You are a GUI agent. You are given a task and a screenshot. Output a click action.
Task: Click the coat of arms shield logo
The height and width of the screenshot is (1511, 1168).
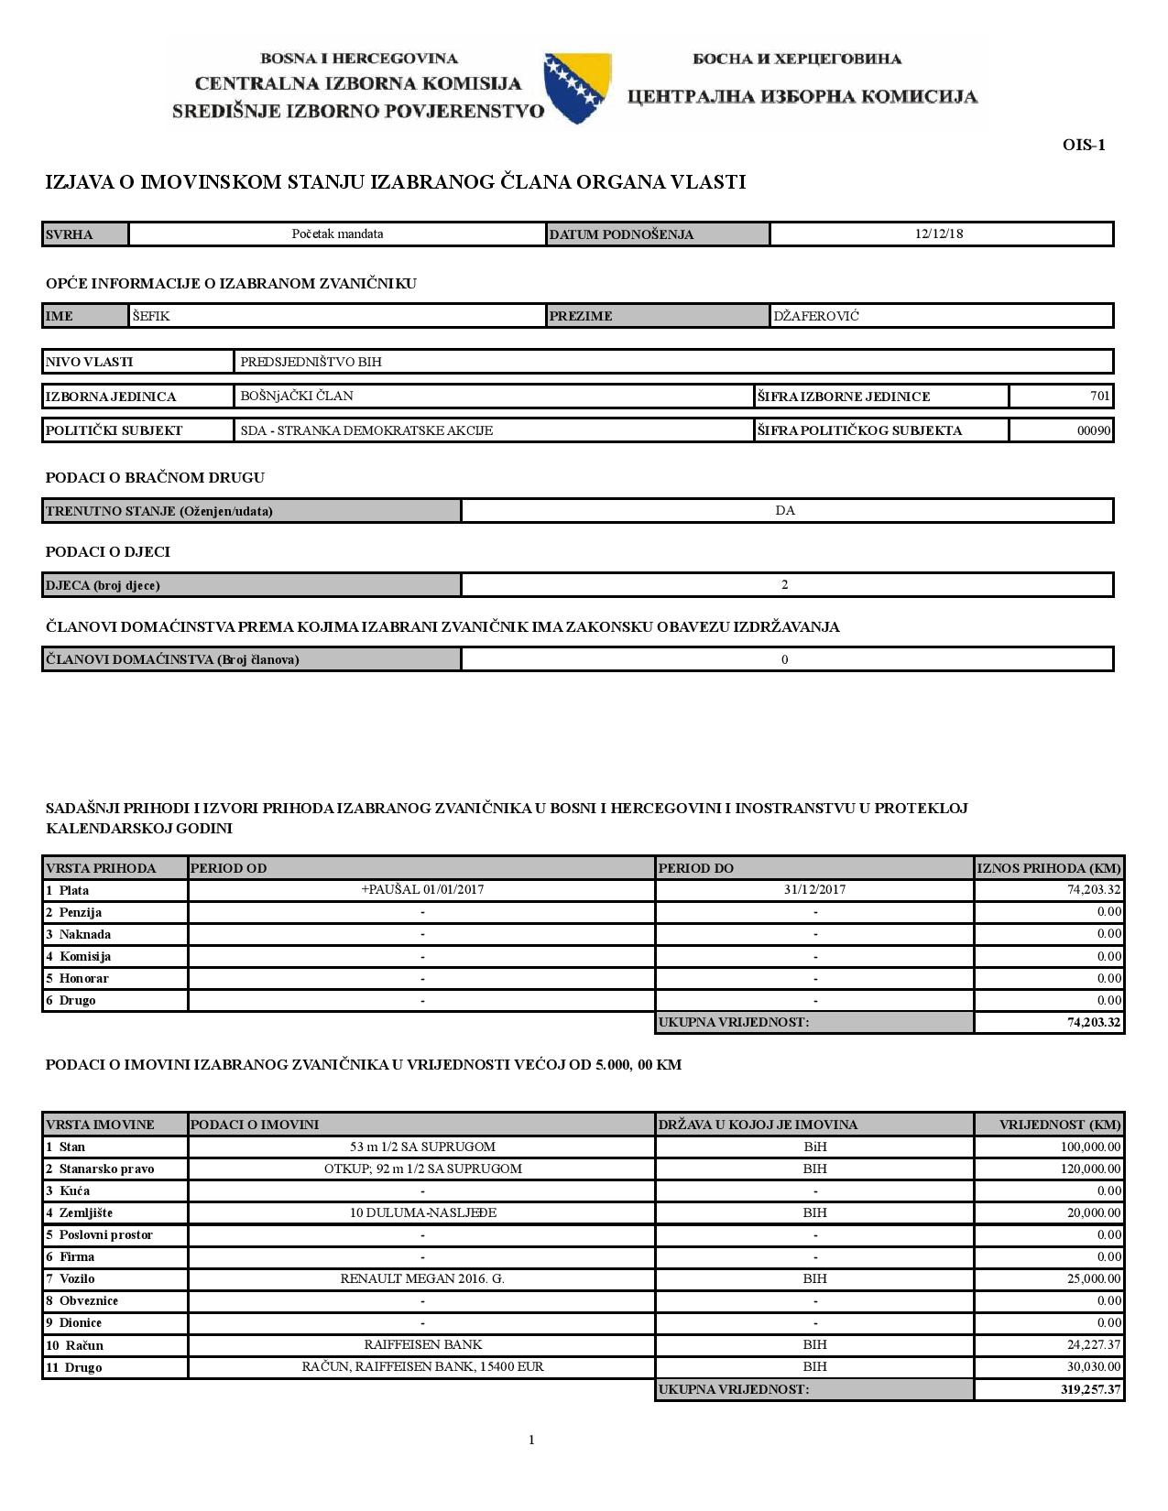(x=577, y=88)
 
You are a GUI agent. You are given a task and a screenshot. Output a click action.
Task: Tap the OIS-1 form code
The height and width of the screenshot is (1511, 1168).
(x=1084, y=145)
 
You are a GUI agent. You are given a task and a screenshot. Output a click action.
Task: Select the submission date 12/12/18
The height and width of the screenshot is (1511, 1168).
(x=939, y=234)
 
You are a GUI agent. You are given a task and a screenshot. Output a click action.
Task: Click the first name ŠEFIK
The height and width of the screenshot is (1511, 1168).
(x=151, y=316)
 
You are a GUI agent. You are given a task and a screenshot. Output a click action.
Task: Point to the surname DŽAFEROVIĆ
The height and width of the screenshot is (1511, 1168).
(x=816, y=316)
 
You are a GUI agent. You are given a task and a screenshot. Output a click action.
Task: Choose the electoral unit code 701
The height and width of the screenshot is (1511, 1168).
(x=1100, y=396)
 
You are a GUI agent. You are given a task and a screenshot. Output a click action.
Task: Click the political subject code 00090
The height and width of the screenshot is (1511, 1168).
(x=1094, y=430)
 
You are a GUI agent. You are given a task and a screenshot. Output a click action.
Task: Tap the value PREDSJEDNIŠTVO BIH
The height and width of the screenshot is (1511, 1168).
(x=311, y=362)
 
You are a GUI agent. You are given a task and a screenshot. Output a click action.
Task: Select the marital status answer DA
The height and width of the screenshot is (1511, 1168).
(x=785, y=510)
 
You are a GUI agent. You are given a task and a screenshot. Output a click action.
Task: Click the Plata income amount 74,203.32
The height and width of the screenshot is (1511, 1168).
(x=1095, y=889)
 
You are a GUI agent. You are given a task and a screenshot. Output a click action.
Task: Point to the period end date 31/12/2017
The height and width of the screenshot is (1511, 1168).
(x=814, y=889)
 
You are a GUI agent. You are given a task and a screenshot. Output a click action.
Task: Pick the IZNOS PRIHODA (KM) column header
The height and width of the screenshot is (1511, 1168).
(x=1049, y=868)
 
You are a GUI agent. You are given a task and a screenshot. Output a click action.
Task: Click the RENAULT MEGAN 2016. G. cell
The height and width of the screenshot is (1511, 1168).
(x=422, y=1278)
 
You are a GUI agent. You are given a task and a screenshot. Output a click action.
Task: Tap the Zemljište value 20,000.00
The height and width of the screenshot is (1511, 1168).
(x=1094, y=1212)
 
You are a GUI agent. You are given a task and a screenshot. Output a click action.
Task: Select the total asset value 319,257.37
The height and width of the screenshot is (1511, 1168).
(x=1090, y=1389)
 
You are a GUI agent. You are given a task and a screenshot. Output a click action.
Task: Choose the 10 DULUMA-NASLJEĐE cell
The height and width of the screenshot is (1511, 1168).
(x=422, y=1212)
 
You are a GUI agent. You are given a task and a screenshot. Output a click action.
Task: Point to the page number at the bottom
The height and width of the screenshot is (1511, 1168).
(x=531, y=1440)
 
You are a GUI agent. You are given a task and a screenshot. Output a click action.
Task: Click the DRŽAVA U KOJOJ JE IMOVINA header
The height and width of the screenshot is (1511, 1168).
(x=758, y=1125)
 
